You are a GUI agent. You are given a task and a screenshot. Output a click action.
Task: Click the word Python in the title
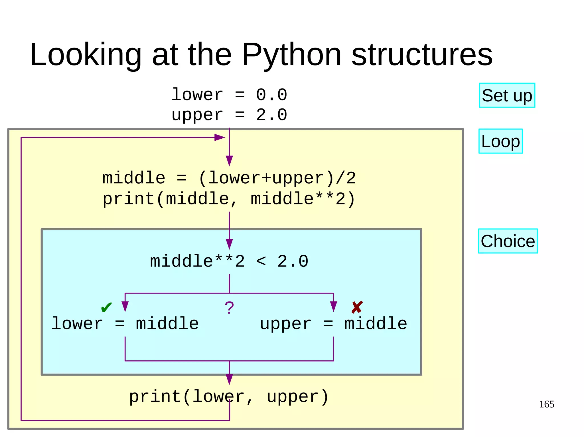tap(291, 55)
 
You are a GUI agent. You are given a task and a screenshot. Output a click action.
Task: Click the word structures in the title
tap(422, 55)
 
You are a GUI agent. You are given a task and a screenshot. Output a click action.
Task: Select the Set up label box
tap(507, 95)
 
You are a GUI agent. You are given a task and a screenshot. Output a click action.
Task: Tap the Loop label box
tap(500, 141)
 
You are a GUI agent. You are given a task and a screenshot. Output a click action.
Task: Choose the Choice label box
tap(508, 241)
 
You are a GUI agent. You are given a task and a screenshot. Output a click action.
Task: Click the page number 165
tap(546, 404)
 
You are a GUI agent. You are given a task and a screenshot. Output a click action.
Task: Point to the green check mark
tap(107, 307)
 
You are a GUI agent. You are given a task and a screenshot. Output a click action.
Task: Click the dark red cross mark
tap(357, 307)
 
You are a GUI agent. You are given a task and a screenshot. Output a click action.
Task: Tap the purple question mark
tap(229, 308)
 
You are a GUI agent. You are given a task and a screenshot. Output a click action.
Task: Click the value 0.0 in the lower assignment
tap(271, 95)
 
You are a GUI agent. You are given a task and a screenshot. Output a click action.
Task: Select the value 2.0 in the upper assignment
tap(271, 115)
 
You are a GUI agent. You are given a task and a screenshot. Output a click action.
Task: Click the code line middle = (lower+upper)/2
tap(229, 178)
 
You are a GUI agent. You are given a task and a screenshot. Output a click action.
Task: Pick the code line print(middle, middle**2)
tap(229, 199)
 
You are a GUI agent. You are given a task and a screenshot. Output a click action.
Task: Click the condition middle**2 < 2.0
tap(229, 261)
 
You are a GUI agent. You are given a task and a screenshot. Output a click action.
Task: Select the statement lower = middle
tap(125, 324)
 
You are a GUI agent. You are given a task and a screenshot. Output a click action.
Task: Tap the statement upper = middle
tap(333, 324)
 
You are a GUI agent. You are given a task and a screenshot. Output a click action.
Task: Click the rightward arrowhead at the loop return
tap(220, 138)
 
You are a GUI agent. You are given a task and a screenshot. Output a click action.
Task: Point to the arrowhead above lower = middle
tap(125, 306)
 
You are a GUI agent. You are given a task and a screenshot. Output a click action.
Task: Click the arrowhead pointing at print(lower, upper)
tap(229, 379)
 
